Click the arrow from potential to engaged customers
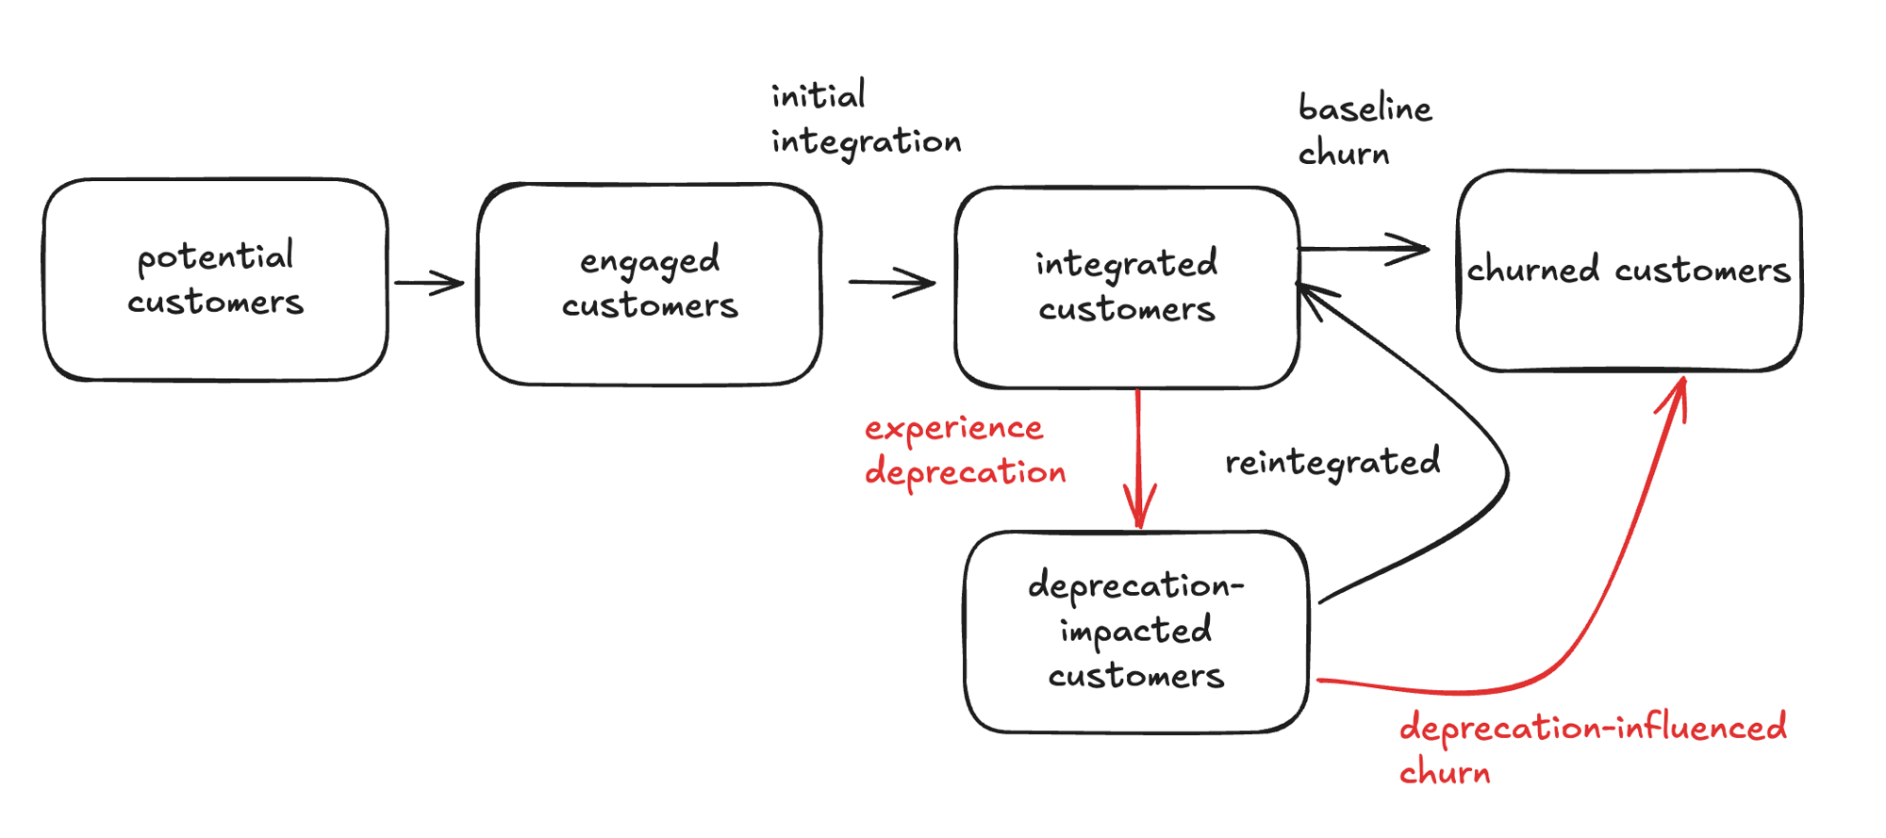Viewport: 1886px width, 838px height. click(x=429, y=283)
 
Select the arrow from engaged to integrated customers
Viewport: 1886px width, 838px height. click(x=891, y=282)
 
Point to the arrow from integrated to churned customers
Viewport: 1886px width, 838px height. click(x=1363, y=249)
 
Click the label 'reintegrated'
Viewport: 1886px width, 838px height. click(x=1332, y=463)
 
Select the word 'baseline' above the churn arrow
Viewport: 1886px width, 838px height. click(x=1365, y=108)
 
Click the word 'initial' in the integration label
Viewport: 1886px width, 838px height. click(x=818, y=95)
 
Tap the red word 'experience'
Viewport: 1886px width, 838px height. click(x=953, y=429)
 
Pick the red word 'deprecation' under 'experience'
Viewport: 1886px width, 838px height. click(x=965, y=471)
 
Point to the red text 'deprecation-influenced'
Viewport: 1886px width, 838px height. click(x=1592, y=728)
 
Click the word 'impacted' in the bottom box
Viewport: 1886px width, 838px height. click(x=1135, y=631)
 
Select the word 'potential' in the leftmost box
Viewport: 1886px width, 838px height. click(x=215, y=256)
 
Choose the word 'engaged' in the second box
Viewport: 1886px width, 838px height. click(x=649, y=261)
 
